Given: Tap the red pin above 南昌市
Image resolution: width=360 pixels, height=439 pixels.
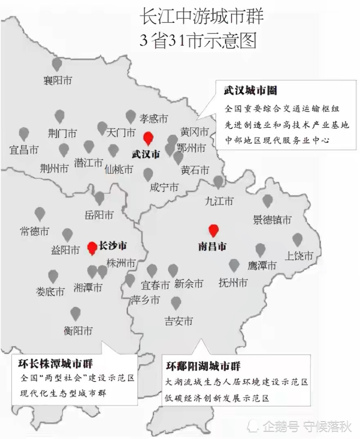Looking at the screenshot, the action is [x=213, y=230].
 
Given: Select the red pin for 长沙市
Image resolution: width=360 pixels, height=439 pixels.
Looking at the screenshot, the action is [x=92, y=248].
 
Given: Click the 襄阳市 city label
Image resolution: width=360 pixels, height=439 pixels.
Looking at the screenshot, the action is [x=58, y=80].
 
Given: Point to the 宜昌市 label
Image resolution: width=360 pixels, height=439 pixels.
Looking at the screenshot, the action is [x=24, y=150].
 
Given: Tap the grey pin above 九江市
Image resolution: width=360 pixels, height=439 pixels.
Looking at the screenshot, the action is [x=218, y=181].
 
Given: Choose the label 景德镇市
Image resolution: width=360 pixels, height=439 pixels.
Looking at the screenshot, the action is [x=272, y=219].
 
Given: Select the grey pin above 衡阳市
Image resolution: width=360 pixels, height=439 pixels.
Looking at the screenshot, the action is [x=76, y=313].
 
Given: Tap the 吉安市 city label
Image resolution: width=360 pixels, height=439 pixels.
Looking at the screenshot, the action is [x=178, y=321].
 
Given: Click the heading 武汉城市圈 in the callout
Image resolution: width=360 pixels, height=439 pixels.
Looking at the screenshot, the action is [x=250, y=91].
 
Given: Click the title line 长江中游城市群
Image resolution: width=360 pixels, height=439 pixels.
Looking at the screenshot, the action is [x=202, y=18].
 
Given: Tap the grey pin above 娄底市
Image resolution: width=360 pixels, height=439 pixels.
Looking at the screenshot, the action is [x=53, y=276].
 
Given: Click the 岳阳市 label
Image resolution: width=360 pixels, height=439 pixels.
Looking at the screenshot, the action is [x=99, y=215].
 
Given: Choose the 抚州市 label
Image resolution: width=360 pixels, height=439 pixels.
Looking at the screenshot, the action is [x=233, y=283].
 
